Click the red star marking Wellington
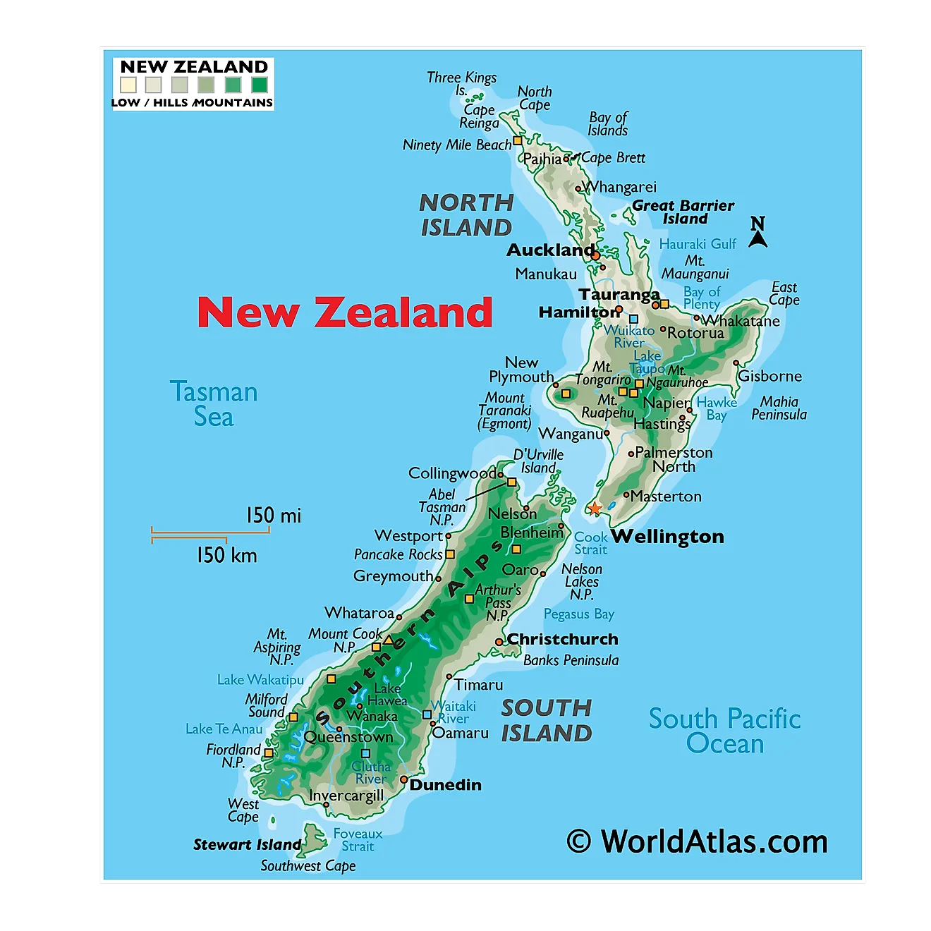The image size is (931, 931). [595, 508]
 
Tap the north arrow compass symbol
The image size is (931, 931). [757, 233]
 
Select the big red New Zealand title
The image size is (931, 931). [344, 312]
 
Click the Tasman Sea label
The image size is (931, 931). [214, 404]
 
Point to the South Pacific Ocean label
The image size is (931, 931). [724, 731]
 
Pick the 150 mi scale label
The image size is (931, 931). [273, 516]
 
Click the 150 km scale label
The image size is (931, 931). [226, 555]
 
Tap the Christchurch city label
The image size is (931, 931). [562, 639]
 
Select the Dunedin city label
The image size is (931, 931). [445, 785]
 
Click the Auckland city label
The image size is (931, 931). [551, 250]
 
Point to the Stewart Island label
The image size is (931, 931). [247, 845]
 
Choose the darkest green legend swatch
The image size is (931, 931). [260, 85]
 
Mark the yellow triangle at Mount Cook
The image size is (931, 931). [388, 640]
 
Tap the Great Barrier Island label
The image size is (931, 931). [683, 212]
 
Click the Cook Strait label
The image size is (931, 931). [590, 543]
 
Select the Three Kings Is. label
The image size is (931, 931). [461, 83]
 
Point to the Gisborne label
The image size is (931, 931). [769, 376]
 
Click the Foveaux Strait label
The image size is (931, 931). [358, 840]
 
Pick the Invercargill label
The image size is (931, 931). [346, 796]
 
